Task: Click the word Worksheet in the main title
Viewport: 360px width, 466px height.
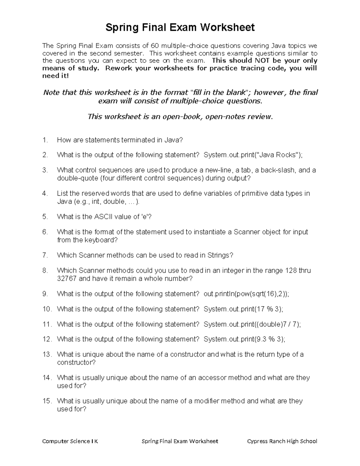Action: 227,28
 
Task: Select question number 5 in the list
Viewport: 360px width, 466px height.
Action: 45,217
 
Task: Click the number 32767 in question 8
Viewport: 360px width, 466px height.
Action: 67,279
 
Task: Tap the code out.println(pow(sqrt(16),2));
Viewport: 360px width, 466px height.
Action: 246,294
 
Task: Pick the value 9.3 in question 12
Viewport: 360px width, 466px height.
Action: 261,339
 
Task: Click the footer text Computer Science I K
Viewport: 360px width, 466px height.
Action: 70,441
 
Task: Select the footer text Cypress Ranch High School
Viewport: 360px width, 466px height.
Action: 282,441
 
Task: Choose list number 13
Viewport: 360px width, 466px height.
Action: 46,354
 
